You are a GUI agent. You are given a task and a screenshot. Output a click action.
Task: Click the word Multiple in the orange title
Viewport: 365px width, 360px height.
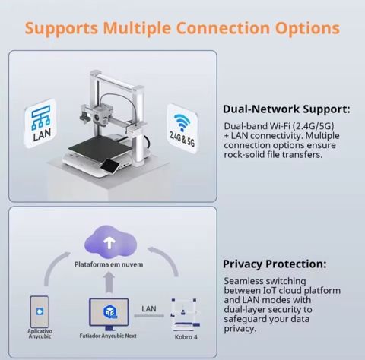tap(137, 28)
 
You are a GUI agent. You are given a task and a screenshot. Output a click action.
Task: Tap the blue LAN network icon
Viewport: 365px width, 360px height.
tap(40, 117)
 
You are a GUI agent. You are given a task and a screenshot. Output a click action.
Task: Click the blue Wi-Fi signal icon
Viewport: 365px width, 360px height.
tap(182, 122)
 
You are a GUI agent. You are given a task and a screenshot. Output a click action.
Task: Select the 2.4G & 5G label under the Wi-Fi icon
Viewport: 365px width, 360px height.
tap(182, 139)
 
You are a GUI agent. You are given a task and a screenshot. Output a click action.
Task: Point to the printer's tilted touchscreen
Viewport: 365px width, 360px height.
tap(109, 165)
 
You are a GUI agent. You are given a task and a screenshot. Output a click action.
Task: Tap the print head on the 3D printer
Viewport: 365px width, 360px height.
tap(101, 115)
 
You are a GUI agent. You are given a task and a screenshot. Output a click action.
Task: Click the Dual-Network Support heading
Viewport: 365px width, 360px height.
tap(287, 109)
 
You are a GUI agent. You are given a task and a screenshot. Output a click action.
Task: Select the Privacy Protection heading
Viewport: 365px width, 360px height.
tap(275, 264)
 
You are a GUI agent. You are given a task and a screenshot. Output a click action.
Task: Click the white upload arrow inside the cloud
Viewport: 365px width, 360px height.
tap(109, 243)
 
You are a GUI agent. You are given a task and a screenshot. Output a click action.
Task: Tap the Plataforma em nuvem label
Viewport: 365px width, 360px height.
tap(109, 264)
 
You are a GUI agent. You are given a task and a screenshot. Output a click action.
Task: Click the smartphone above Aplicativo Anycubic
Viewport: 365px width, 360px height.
tap(40, 311)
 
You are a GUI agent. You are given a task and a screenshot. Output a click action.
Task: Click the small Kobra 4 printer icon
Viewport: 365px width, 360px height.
tap(185, 314)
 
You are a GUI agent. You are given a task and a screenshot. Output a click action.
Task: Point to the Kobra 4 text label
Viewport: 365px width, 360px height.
tap(186, 337)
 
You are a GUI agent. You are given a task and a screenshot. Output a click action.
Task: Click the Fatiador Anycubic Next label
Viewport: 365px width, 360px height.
tap(108, 336)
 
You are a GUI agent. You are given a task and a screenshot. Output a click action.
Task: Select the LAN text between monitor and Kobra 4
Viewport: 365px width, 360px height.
tap(149, 309)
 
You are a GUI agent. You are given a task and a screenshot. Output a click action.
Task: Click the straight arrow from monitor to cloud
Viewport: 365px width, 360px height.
tap(109, 283)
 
